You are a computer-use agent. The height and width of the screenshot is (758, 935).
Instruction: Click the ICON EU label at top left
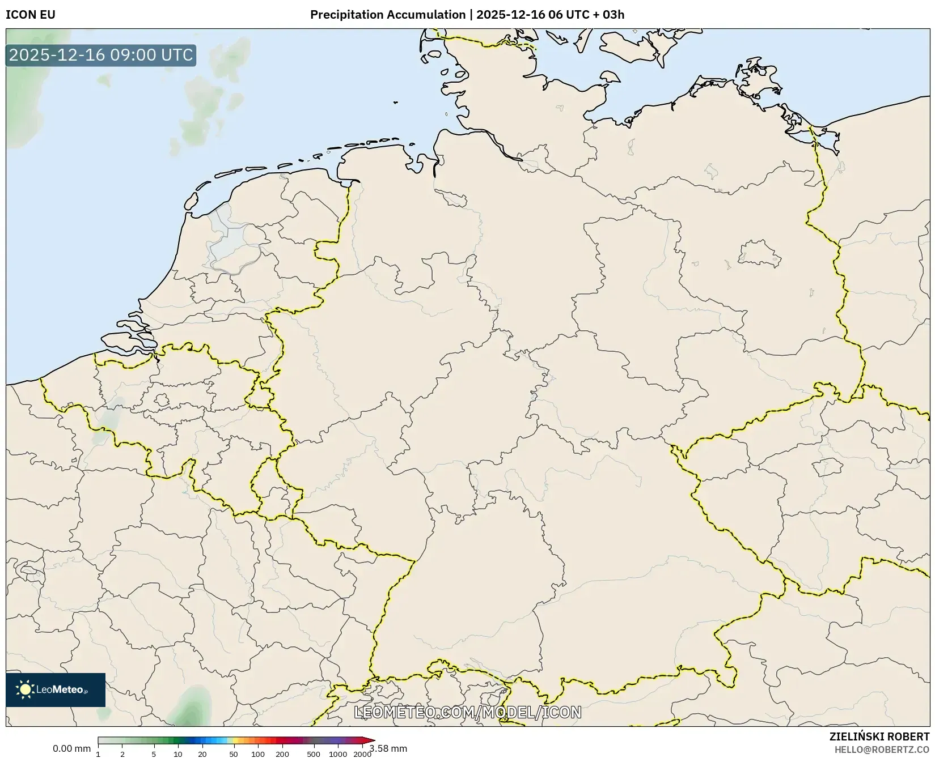click(x=31, y=15)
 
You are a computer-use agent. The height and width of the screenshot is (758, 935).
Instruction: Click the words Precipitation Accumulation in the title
click(x=387, y=15)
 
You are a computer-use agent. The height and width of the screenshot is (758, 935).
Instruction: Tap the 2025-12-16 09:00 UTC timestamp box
click(x=101, y=55)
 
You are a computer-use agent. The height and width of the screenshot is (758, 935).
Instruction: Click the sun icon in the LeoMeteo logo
click(x=25, y=689)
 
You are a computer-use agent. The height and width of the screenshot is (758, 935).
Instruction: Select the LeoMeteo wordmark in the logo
click(x=60, y=689)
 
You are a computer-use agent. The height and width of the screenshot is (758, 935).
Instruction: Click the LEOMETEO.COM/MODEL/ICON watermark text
click(x=468, y=712)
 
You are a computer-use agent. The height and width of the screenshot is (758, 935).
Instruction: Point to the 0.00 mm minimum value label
click(x=71, y=748)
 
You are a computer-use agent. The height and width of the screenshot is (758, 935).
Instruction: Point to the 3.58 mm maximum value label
click(x=389, y=748)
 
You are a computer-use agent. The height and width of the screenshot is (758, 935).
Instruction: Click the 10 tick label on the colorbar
click(x=178, y=754)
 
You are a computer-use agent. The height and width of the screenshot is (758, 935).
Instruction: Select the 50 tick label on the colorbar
click(x=234, y=754)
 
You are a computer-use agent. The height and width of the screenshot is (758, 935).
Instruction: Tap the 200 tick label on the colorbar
click(x=282, y=754)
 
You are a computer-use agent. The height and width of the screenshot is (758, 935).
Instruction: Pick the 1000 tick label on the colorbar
click(x=338, y=754)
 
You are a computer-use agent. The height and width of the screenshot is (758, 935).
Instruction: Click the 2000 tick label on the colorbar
click(x=362, y=754)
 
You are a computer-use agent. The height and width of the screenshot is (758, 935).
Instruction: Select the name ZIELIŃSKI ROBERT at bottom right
click(x=879, y=736)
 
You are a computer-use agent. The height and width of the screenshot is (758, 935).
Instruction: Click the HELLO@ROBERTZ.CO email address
click(x=882, y=749)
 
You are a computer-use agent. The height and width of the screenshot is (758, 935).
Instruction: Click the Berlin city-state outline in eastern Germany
click(x=759, y=253)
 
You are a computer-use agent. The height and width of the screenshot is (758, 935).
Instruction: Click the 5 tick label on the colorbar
click(x=154, y=754)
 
